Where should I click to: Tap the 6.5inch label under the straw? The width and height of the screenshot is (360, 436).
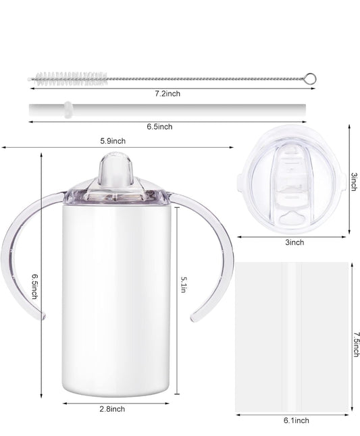coord(160,127)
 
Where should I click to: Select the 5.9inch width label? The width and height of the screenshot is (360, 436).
coord(112,141)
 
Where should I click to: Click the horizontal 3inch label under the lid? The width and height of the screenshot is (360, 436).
coord(294,242)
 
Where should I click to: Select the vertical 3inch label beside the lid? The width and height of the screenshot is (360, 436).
coord(353,181)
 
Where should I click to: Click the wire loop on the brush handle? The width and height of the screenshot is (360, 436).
coord(309,80)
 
